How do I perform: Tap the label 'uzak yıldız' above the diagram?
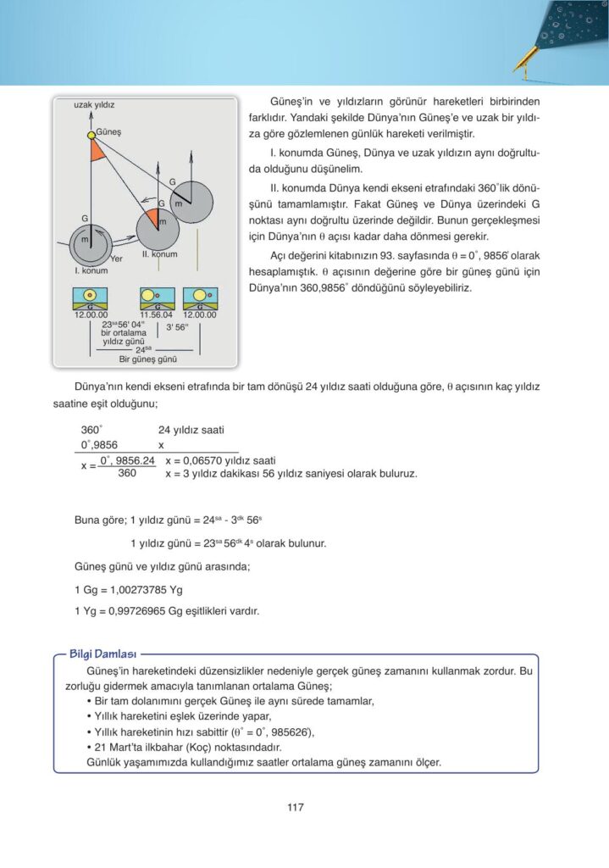pyautogui.click(x=94, y=104)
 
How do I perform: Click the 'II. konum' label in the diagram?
pyautogui.click(x=159, y=254)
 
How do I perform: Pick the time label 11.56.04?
pyautogui.click(x=157, y=314)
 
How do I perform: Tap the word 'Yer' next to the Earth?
pyautogui.click(x=117, y=258)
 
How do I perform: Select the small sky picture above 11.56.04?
pyautogui.click(x=157, y=298)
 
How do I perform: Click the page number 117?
pyautogui.click(x=295, y=807)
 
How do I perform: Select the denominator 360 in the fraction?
pyautogui.click(x=128, y=473)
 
